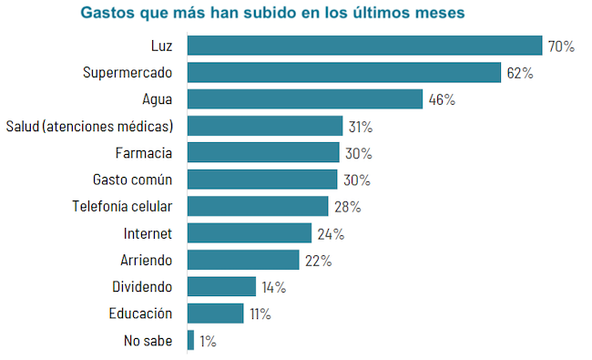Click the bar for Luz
pyautogui.click(x=364, y=46)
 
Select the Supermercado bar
pyautogui.click(x=344, y=72)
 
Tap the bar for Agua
pyautogui.click(x=305, y=99)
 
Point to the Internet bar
pyautogui.click(x=249, y=233)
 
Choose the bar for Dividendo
pyautogui.click(x=221, y=287)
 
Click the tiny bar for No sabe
pyautogui.click(x=190, y=341)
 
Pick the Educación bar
pyautogui.click(x=215, y=314)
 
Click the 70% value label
pyautogui.click(x=561, y=46)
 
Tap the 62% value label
pyautogui.click(x=520, y=73)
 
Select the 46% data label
pyautogui.click(x=442, y=99)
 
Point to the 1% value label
pyautogui.click(x=208, y=341)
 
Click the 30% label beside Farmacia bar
pyautogui.click(x=359, y=153)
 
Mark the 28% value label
pyautogui.click(x=347, y=207)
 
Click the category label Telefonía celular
pyautogui.click(x=122, y=206)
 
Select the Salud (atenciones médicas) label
pyautogui.click(x=89, y=126)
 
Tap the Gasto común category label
pyautogui.click(x=133, y=180)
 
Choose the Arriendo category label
pyautogui.click(x=146, y=260)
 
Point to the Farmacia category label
pyautogui.click(x=144, y=152)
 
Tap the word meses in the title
pyautogui.click(x=441, y=14)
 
